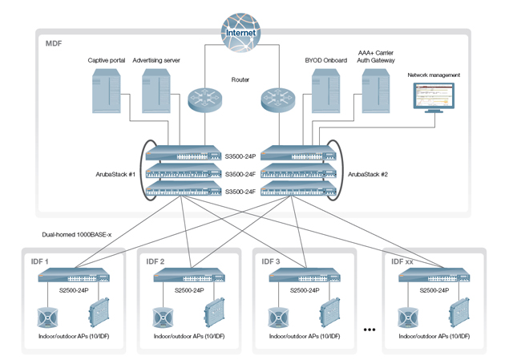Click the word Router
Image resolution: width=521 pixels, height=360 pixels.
tap(240, 79)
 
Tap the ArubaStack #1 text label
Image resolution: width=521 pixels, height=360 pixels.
tap(115, 173)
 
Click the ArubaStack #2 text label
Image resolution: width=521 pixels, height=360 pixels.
tap(367, 173)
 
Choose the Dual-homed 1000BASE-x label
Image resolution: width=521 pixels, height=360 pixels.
tap(77, 235)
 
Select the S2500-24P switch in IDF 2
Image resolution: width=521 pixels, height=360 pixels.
tap(189, 276)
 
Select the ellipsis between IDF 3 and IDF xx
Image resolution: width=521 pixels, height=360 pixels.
tap(370, 329)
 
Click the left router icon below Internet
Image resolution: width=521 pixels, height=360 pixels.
tap(202, 100)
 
